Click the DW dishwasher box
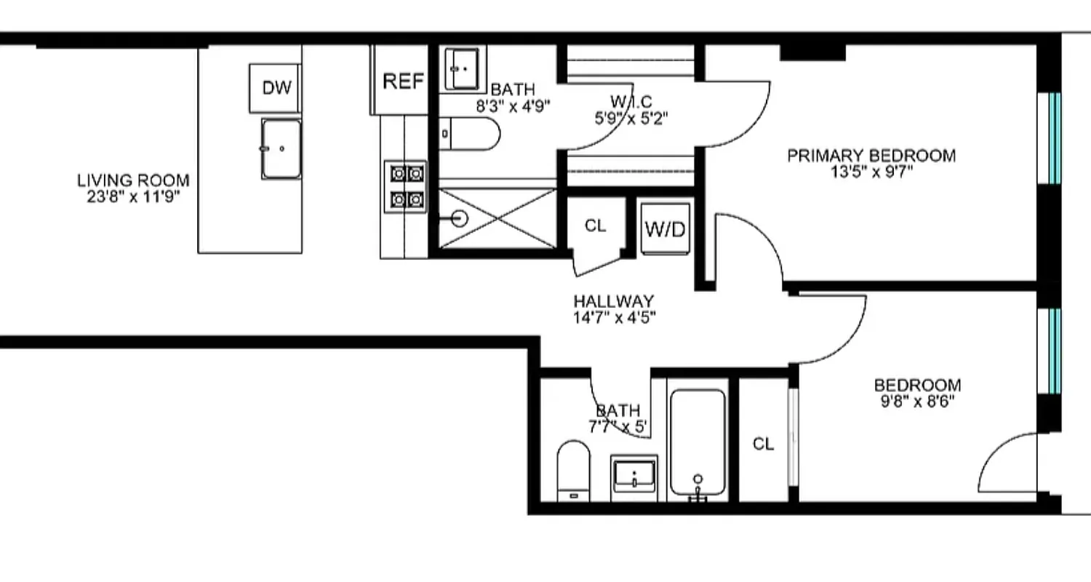pyautogui.click(x=276, y=88)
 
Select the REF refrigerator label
pyautogui.click(x=403, y=81)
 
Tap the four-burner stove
pyautogui.click(x=407, y=186)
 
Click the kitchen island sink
pyautogui.click(x=281, y=148)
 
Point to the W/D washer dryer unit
pyautogui.click(x=665, y=229)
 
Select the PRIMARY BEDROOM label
pyautogui.click(x=871, y=155)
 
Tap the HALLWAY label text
pyautogui.click(x=613, y=300)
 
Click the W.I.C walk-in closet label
pyautogui.click(x=631, y=101)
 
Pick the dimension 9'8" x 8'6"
pyautogui.click(x=917, y=400)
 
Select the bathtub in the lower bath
pyautogui.click(x=698, y=443)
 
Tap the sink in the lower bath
pyautogui.click(x=634, y=477)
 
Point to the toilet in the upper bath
pyautogui.click(x=471, y=135)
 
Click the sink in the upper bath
pyautogui.click(x=461, y=68)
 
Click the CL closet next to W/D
pyautogui.click(x=595, y=226)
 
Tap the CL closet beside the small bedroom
pyautogui.click(x=763, y=444)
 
